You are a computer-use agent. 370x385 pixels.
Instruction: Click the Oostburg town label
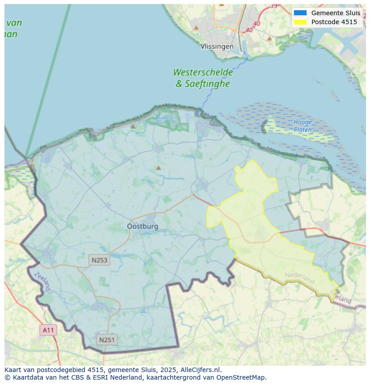coord(143,226)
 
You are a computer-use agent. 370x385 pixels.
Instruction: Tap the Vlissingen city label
coord(217,46)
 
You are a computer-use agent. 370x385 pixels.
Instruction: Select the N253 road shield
coord(99,260)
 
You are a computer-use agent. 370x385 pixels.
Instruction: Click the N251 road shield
coord(106,340)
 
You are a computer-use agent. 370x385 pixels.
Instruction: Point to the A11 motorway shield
coord(48,330)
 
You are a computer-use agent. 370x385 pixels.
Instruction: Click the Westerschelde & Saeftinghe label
coord(203,78)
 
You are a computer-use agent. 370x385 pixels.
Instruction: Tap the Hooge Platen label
coord(303,126)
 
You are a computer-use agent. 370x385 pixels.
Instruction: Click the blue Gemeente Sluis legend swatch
coord(300,13)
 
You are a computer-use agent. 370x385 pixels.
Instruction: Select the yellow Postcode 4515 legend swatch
coord(300,22)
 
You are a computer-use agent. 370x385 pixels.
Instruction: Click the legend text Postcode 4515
coord(334,22)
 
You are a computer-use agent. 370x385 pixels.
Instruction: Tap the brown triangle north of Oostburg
coord(158,168)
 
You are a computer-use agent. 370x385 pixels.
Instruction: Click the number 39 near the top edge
coord(273,6)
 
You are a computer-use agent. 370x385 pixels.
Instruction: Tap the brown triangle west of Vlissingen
coord(196,28)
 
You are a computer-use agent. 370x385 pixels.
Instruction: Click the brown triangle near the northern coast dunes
coord(133,127)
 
